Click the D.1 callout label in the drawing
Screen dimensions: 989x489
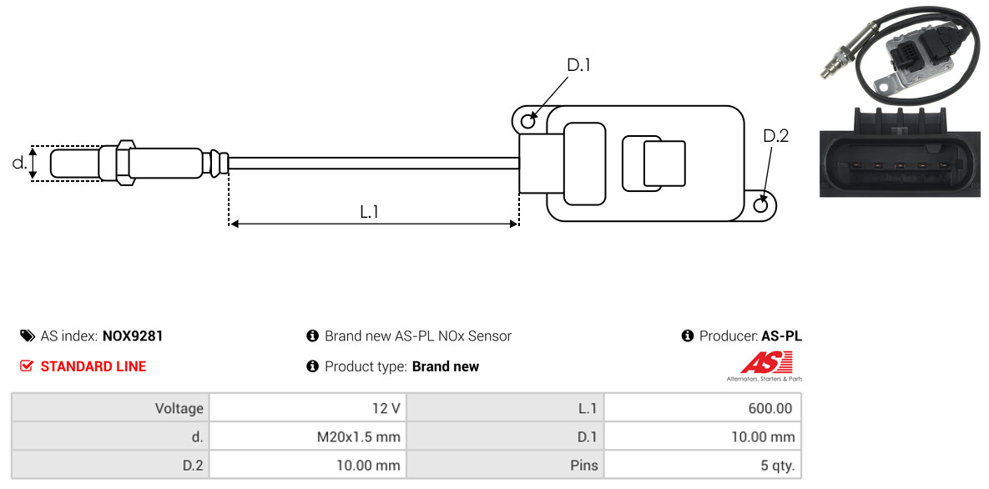click(578, 65)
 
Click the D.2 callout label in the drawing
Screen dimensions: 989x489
click(776, 136)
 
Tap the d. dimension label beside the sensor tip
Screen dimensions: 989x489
click(19, 163)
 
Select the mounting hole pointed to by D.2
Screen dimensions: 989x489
click(761, 204)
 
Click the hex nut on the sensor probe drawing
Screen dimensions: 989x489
click(124, 162)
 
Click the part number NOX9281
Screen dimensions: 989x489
click(133, 336)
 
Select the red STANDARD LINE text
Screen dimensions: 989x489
click(93, 366)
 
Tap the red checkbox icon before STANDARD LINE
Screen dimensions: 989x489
click(27, 366)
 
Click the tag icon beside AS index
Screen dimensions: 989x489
click(27, 335)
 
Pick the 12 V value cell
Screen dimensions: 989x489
click(307, 408)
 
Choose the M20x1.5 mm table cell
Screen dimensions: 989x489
click(307, 436)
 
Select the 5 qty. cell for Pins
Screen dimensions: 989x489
click(703, 466)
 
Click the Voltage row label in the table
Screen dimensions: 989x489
click(179, 408)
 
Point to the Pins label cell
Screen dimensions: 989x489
click(505, 466)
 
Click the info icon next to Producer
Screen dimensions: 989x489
click(688, 335)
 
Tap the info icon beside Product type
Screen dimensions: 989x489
click(312, 366)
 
